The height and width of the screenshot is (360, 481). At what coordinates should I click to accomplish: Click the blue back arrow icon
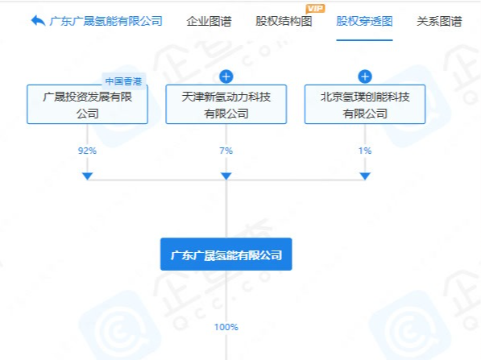[39, 21]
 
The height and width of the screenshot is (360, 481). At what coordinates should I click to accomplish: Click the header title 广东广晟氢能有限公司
[106, 21]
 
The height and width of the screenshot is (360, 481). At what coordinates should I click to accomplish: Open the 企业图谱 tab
[209, 22]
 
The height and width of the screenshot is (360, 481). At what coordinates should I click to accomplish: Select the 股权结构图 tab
[284, 21]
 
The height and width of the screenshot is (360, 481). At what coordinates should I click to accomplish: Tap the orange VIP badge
[315, 9]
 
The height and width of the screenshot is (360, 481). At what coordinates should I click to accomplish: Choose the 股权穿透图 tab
[364, 21]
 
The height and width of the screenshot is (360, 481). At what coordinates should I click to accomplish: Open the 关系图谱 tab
[439, 22]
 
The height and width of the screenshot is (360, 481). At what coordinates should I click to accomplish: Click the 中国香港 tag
[123, 81]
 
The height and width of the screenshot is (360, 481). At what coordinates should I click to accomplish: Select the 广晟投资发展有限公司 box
[88, 104]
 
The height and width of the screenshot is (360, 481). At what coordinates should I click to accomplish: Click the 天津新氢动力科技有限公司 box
[226, 104]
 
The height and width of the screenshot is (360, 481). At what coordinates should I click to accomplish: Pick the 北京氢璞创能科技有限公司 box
[365, 104]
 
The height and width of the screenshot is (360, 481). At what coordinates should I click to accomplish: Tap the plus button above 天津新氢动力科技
[226, 77]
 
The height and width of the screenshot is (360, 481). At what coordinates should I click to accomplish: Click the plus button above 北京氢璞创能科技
[365, 77]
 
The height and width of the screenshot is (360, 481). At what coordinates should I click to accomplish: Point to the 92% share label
[87, 151]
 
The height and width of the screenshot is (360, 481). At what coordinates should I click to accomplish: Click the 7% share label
[226, 151]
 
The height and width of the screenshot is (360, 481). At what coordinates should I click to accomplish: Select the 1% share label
[365, 151]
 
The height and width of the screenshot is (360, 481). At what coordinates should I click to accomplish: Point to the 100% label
[226, 327]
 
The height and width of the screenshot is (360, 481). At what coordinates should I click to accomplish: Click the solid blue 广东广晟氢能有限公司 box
[226, 254]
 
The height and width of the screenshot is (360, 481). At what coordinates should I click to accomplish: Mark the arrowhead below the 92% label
[88, 176]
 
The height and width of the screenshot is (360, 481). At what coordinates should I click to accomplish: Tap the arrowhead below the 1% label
[365, 176]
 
